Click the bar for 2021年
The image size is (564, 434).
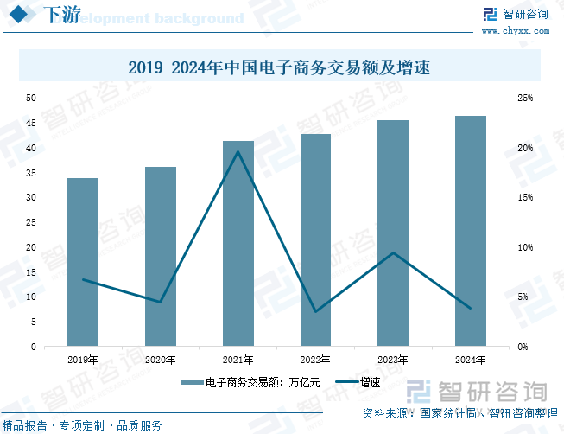tap(238, 244)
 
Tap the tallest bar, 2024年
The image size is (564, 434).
tap(471, 231)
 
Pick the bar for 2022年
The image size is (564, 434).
tap(316, 240)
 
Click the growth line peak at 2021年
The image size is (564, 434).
tap(238, 152)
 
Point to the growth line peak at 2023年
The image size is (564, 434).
tap(393, 252)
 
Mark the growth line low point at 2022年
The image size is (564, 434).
tap(316, 311)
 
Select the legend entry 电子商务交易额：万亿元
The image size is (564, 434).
tap(250, 381)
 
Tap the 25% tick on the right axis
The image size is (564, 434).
tap(525, 98)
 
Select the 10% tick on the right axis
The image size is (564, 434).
tap(525, 247)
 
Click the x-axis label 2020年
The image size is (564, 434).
tap(161, 360)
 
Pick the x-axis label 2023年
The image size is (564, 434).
tap(393, 360)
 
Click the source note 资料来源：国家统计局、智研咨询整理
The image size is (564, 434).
tap(459, 413)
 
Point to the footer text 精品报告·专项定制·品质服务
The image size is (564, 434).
tap(83, 425)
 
